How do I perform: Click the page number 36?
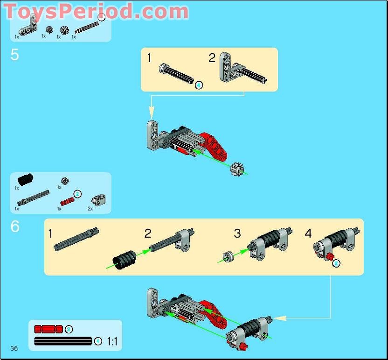(14, 348)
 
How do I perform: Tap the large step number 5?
(15, 55)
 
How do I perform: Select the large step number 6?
(15, 227)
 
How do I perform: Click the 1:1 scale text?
(112, 341)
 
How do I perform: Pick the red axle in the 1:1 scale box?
(48, 329)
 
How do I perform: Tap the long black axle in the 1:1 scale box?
(62, 341)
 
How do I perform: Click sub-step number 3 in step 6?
(237, 233)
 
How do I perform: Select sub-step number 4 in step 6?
(308, 233)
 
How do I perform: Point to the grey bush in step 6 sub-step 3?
(228, 256)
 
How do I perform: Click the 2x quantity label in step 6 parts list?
(90, 209)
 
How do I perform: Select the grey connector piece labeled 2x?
(97, 200)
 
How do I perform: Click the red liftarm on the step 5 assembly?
(215, 144)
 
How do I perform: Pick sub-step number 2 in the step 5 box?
(212, 58)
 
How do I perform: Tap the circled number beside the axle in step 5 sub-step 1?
(199, 85)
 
